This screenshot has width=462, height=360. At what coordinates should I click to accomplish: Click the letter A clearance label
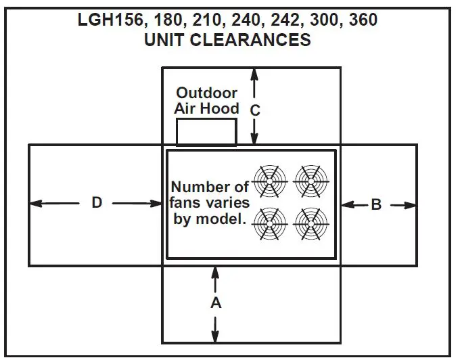(x=216, y=304)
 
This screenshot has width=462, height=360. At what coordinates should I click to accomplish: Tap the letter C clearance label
(x=255, y=109)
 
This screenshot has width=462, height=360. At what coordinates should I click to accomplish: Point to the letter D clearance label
(x=97, y=202)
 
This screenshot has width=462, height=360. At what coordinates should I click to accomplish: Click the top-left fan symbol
(x=270, y=179)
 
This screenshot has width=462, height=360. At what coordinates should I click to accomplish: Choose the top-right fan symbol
(x=311, y=179)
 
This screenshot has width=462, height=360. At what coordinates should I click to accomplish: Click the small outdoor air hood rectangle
(x=206, y=132)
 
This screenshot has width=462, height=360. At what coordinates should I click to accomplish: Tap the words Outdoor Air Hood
(x=207, y=101)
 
